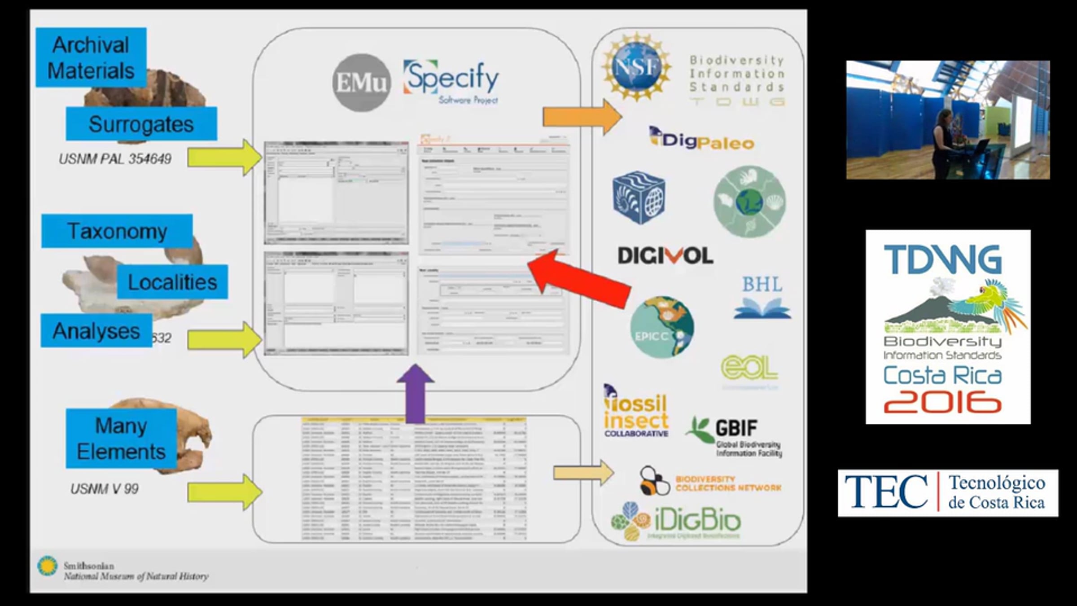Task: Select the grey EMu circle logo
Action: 361,83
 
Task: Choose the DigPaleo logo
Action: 702,139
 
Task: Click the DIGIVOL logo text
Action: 665,256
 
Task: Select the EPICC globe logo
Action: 662,327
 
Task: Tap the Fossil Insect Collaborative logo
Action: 636,412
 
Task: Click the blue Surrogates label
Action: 141,124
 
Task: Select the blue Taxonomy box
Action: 117,231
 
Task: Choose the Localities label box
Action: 172,282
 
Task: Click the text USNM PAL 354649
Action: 115,159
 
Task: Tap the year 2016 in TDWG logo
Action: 943,401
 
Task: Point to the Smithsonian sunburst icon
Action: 47,566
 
